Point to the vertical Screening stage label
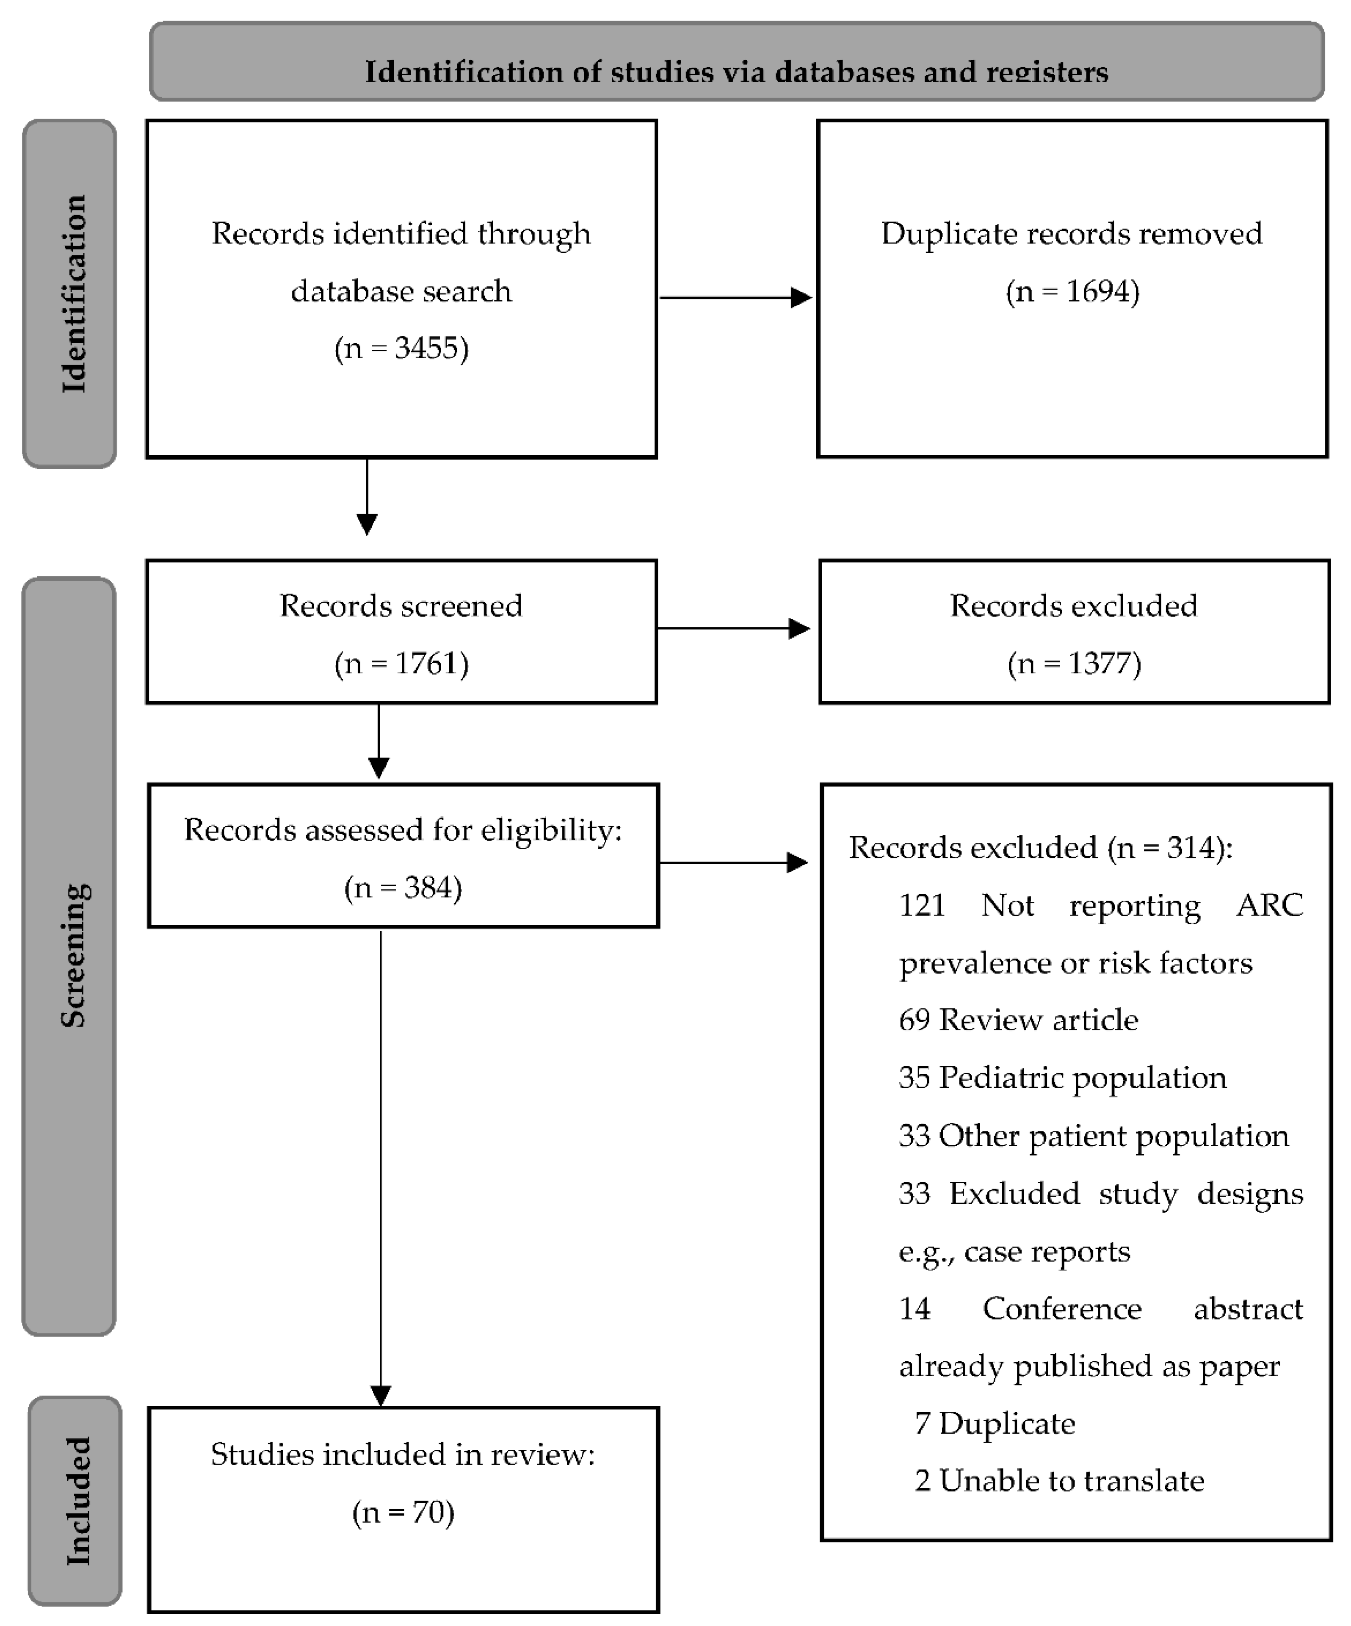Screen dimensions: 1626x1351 coord(71,956)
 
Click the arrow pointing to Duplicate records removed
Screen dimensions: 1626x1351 coord(735,297)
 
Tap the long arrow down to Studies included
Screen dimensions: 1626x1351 coord(381,1169)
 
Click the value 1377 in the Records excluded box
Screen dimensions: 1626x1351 coord(1098,664)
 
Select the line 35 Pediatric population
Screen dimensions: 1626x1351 coord(1062,1078)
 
